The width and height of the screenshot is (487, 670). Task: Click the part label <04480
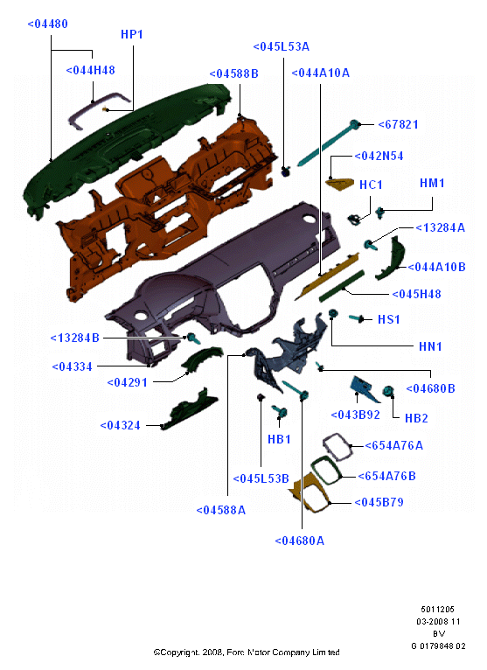tap(47, 24)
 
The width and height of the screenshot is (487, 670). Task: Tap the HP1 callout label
tap(131, 34)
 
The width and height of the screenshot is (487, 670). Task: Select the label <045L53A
tap(281, 46)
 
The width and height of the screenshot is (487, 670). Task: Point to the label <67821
tap(398, 124)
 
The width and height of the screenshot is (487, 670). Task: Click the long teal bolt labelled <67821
tap(328, 143)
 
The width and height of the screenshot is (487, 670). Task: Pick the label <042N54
tap(379, 156)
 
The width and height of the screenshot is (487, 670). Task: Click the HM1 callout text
tap(432, 184)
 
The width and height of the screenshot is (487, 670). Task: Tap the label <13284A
tap(441, 227)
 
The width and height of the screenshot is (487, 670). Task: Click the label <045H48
tap(416, 294)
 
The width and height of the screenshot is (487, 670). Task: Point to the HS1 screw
tap(356, 318)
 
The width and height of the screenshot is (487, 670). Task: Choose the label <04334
tap(72, 366)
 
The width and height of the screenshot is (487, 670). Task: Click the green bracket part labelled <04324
tap(190, 408)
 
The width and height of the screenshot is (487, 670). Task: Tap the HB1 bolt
tap(280, 411)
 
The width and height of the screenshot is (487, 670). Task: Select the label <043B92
tap(356, 415)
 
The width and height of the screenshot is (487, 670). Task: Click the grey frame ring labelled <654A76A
tap(337, 447)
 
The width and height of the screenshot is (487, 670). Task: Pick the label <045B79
tap(379, 502)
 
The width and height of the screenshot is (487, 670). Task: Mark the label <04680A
tap(300, 541)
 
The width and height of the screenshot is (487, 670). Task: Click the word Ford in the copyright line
tap(235, 653)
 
